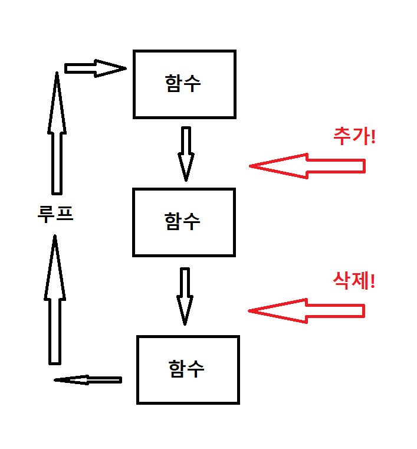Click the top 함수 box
click(x=184, y=84)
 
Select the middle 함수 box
click(x=184, y=222)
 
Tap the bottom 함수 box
click(x=188, y=369)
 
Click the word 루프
click(x=55, y=213)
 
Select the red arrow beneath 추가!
click(x=307, y=166)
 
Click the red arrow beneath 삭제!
click(x=307, y=310)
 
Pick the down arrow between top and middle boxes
click(x=186, y=153)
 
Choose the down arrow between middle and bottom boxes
click(x=185, y=295)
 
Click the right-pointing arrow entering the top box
click(x=94, y=68)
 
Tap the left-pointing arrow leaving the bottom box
click(x=88, y=380)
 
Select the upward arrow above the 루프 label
click(x=57, y=133)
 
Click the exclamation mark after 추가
click(x=372, y=137)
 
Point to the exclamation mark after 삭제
click(x=372, y=280)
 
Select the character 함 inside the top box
click(x=174, y=83)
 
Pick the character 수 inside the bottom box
click(x=196, y=369)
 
